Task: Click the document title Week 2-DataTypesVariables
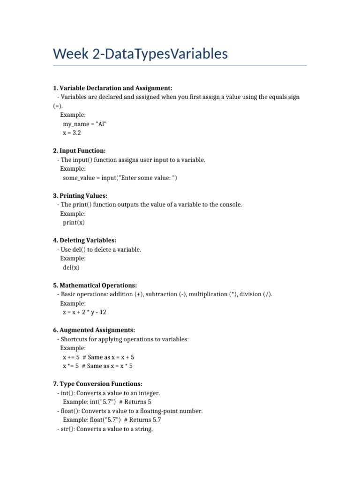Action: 141,54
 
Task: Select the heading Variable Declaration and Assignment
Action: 112,88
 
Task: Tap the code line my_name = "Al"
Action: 88,124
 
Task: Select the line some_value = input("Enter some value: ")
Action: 120,178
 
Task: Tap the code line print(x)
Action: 74,223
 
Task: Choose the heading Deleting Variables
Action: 84,240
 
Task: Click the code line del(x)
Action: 71,268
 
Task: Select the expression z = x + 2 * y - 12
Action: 88,312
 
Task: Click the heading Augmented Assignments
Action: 94,330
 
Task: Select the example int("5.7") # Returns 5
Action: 107,402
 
